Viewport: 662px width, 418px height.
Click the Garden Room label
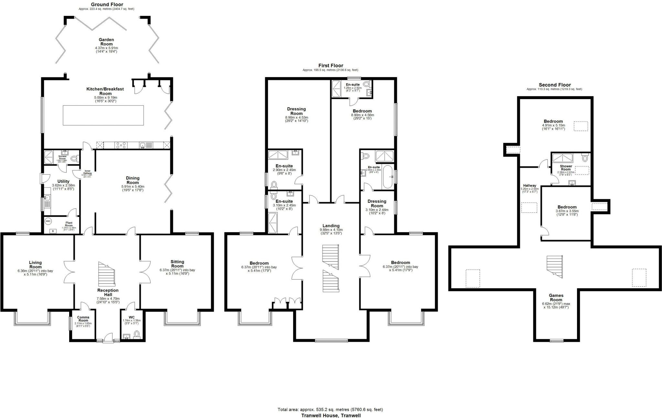pos(106,42)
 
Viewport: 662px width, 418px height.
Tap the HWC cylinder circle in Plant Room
pos(48,221)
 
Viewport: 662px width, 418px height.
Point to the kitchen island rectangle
pos(103,115)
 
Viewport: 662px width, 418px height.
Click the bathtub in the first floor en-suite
pos(387,177)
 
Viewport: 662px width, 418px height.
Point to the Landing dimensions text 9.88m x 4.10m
pos(331,229)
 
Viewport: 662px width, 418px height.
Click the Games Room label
pos(556,297)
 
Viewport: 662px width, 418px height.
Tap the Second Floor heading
pos(554,85)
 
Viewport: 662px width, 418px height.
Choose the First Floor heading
pos(330,66)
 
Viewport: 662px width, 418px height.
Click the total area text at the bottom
pos(330,409)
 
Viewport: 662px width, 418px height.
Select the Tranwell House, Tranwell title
pos(331,415)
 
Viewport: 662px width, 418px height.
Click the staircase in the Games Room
pos(555,266)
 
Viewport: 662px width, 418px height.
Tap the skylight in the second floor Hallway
pos(529,207)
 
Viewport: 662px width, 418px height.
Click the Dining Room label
pos(133,180)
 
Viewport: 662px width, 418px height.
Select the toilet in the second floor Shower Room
pos(584,158)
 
